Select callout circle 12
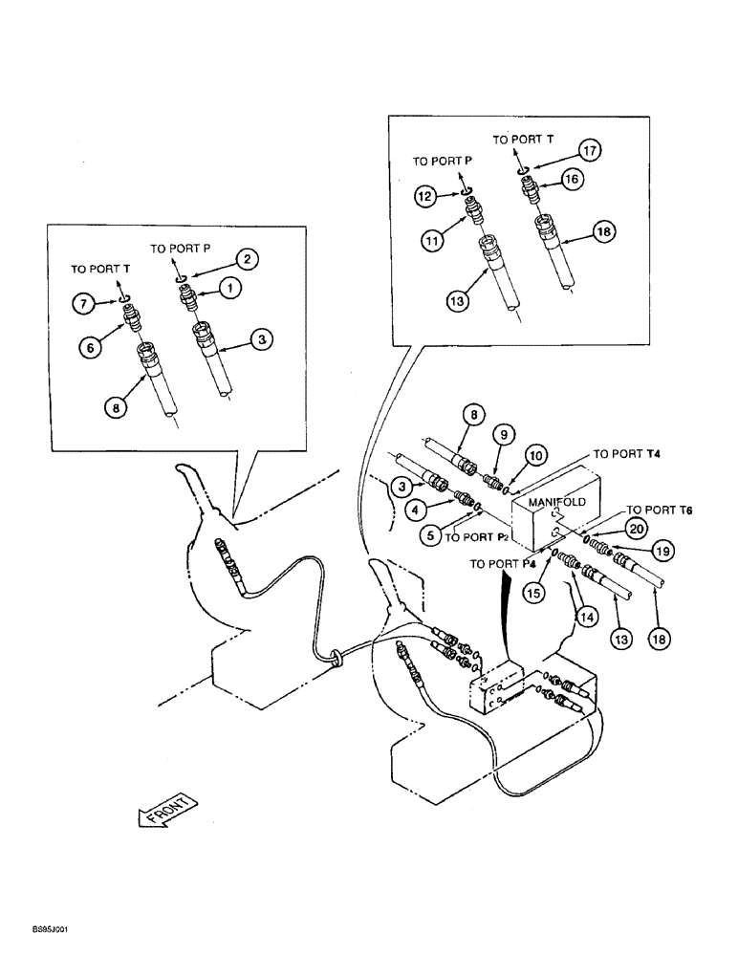tap(426, 195)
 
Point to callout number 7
tap(85, 304)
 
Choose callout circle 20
tap(636, 528)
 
